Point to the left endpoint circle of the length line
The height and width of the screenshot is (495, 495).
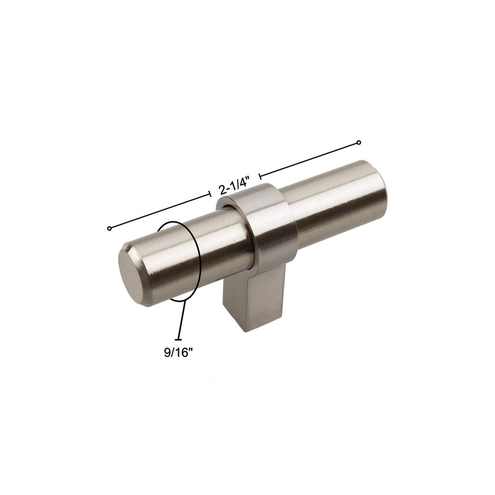pos(110,228)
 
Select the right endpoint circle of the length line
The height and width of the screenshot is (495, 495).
pos(358,144)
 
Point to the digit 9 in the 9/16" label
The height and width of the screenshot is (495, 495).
pos(166,353)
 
